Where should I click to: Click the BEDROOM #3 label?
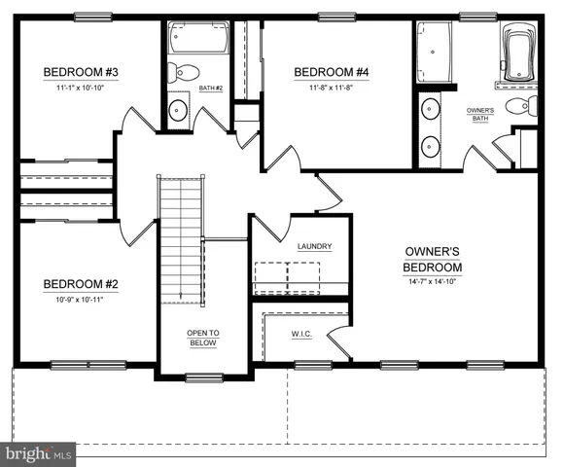[x=80, y=72]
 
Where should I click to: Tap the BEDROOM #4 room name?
[x=332, y=71]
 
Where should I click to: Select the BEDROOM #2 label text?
[x=80, y=284]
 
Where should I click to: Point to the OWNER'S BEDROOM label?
[x=434, y=260]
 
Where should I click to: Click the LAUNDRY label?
[x=314, y=246]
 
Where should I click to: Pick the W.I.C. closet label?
[x=300, y=335]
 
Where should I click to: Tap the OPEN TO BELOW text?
[x=203, y=338]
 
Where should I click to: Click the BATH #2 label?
[x=211, y=89]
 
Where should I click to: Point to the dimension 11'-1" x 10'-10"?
[x=80, y=89]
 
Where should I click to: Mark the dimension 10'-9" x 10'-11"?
[x=80, y=301]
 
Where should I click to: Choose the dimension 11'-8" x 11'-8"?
[x=332, y=88]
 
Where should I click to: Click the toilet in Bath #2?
[x=184, y=71]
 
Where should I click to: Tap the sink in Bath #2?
[x=177, y=109]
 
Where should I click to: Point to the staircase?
[x=179, y=238]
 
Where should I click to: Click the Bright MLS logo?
[x=39, y=453]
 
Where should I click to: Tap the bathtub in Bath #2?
[x=198, y=39]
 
